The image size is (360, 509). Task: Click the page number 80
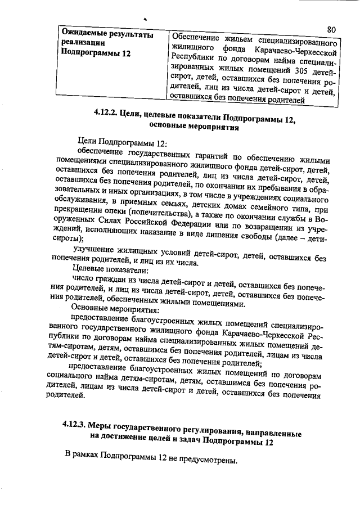(331, 29)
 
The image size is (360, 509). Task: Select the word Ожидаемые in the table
(84, 35)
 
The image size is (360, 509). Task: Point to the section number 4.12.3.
(75, 425)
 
